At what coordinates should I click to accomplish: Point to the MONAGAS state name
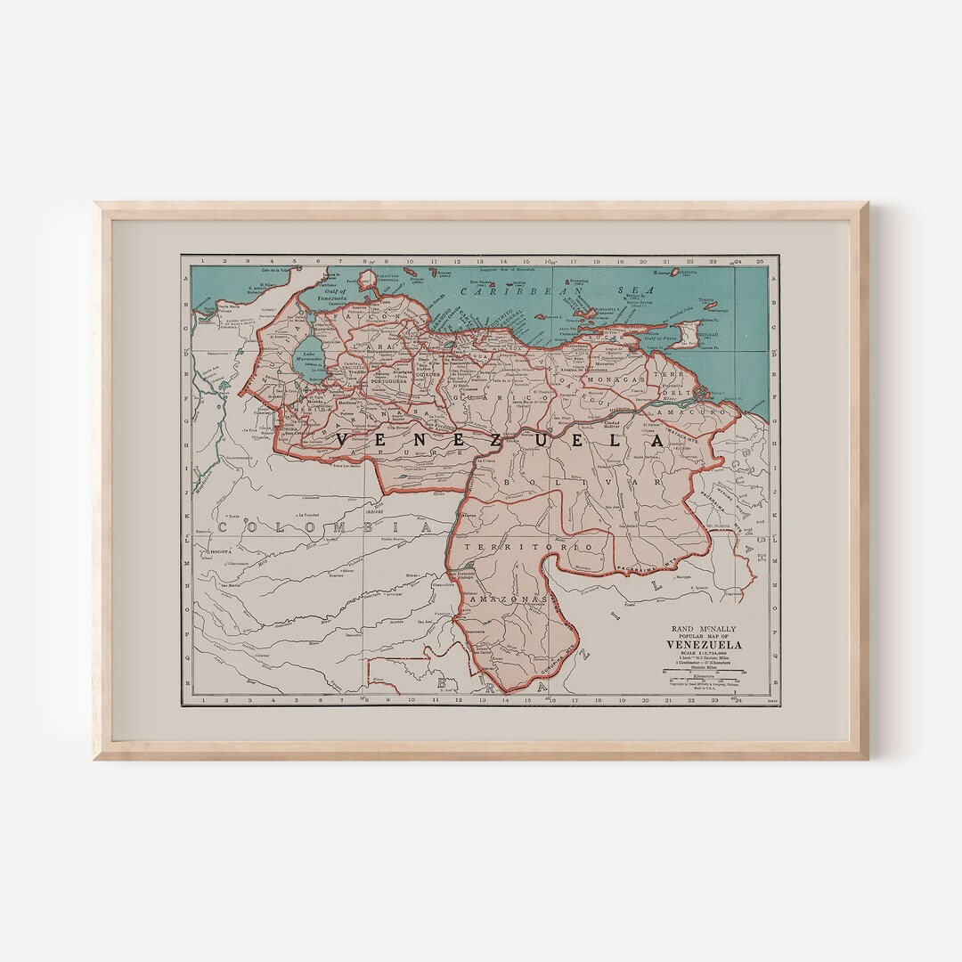(614, 379)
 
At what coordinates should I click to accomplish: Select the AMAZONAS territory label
(508, 599)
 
